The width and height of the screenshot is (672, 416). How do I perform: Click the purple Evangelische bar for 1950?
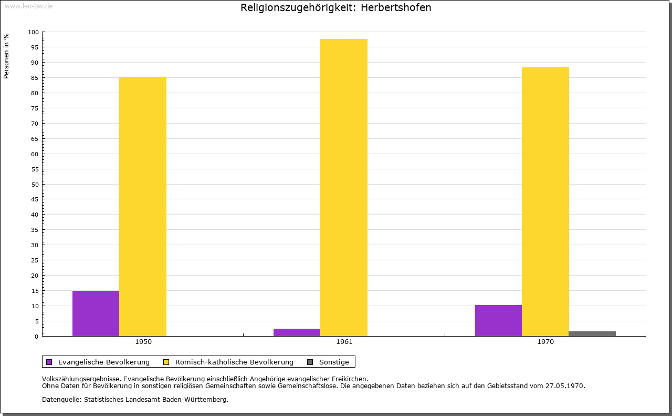tap(96, 313)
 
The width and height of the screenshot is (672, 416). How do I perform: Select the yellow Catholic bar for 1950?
tap(143, 207)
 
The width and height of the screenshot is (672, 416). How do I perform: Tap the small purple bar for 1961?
tap(297, 332)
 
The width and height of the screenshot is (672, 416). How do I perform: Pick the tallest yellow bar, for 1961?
tap(344, 188)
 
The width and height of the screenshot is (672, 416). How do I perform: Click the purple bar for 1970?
tap(498, 320)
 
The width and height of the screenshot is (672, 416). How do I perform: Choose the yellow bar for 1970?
tap(545, 201)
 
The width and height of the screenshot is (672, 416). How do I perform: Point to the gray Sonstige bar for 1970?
tap(592, 333)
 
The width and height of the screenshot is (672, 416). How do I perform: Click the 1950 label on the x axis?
tap(143, 342)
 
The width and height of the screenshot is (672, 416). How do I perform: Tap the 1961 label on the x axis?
tap(344, 342)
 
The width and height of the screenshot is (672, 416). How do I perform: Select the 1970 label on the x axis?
tap(545, 342)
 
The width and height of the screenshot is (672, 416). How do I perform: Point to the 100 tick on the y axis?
tap(33, 32)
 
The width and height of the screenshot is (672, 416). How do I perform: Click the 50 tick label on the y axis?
tap(35, 185)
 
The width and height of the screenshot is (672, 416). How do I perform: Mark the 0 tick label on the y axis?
tap(37, 337)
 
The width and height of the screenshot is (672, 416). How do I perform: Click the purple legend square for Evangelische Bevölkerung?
tap(49, 362)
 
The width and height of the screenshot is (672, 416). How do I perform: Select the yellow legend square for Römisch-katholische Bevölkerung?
tap(166, 362)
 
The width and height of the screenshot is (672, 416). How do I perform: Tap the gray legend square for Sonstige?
tap(310, 362)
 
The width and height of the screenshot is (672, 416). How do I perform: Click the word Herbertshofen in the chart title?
tap(396, 8)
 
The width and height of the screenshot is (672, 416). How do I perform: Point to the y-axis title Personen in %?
tap(6, 56)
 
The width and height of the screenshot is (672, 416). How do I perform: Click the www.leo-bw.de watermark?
tap(29, 6)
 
